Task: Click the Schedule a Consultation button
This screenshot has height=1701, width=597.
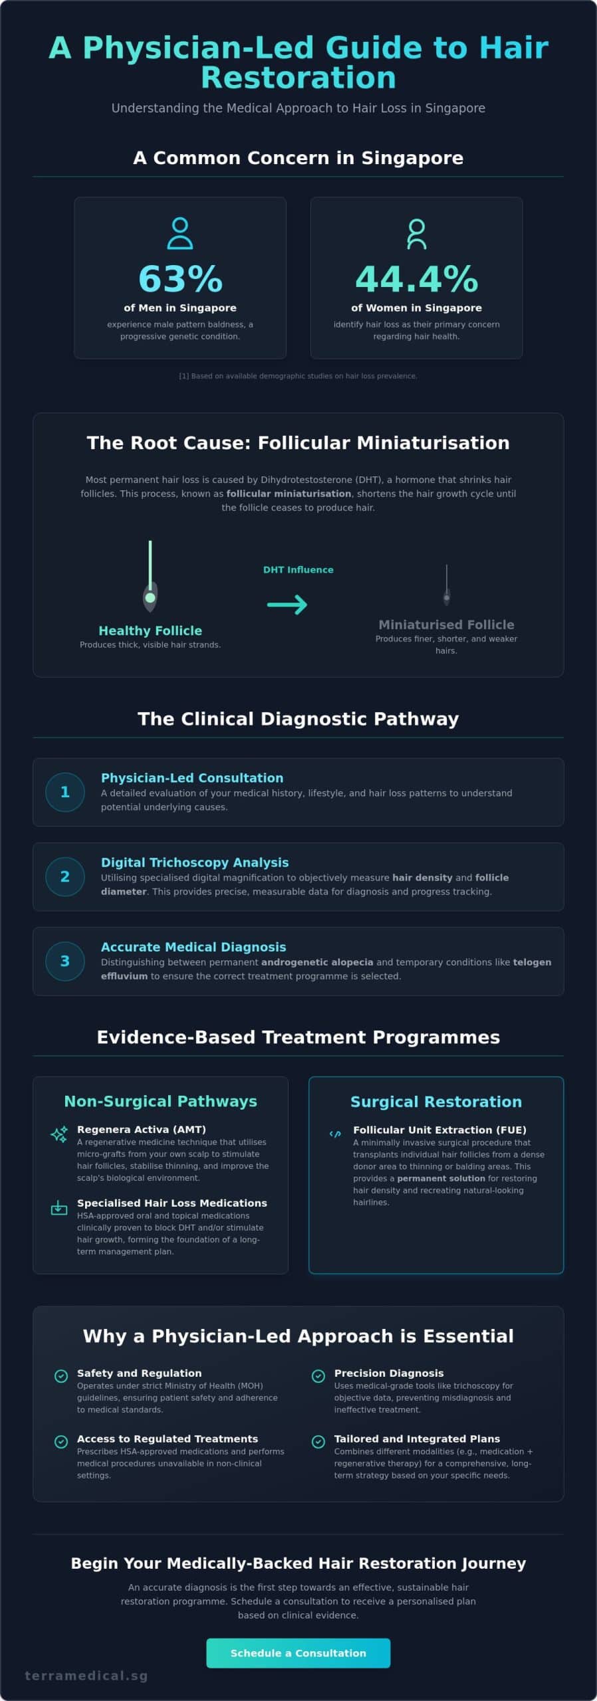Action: coord(298,1652)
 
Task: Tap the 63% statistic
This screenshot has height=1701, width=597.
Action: coord(180,279)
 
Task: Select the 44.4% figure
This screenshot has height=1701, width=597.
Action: coord(417,279)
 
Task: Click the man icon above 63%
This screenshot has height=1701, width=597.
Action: coord(180,233)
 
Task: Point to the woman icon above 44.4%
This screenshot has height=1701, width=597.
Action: coord(417,234)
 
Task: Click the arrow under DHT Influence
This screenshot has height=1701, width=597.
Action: coord(287,604)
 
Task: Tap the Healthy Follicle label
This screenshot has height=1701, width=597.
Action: coord(150,631)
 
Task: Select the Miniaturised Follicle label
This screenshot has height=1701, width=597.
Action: coord(446,625)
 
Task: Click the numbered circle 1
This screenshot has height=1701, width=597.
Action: coord(65,792)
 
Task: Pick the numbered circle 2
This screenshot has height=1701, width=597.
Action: coord(65,876)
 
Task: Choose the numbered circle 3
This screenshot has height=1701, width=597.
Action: coord(65,961)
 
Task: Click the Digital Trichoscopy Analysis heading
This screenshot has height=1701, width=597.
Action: coord(195,862)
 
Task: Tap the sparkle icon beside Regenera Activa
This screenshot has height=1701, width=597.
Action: coord(59,1134)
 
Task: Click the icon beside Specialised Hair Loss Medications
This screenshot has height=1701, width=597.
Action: coord(59,1207)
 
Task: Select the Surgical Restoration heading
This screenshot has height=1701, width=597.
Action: coord(436,1102)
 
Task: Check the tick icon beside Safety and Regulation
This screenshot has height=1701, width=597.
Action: coord(61,1376)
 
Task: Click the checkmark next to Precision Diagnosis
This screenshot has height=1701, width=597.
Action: coord(318,1376)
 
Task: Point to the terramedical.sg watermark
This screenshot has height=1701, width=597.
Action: coord(86,1676)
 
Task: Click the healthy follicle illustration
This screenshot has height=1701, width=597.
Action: coord(150,576)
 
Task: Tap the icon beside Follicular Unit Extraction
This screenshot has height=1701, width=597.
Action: coord(335,1134)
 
